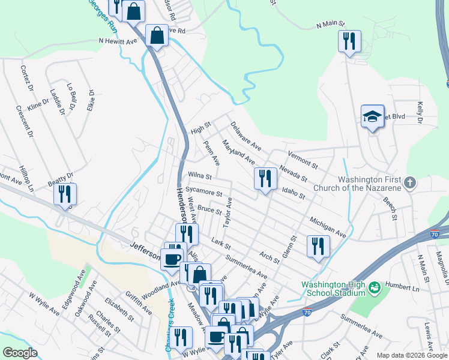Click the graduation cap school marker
click(373, 116)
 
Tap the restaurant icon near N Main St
click(349, 41)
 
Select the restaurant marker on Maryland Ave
click(264, 179)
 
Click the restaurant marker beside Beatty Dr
click(64, 194)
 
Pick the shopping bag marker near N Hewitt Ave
click(157, 35)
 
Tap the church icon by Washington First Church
click(411, 182)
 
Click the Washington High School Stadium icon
click(375, 289)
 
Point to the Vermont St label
click(302, 159)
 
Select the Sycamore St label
click(204, 191)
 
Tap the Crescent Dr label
click(23, 122)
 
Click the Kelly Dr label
click(420, 113)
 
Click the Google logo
click(20, 353)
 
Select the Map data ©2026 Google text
click(412, 355)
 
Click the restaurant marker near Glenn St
click(318, 246)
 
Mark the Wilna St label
click(200, 176)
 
